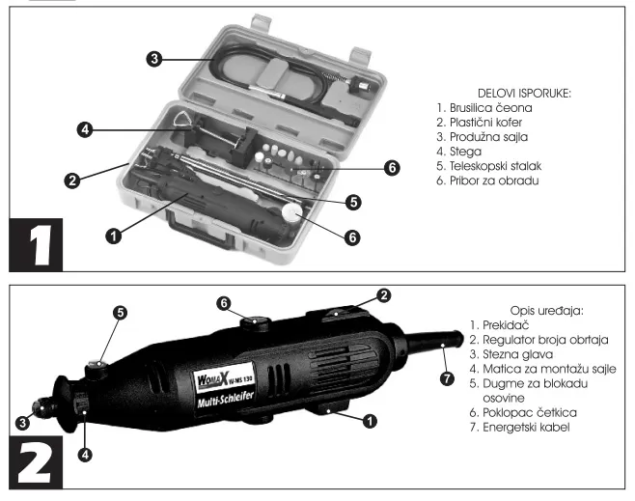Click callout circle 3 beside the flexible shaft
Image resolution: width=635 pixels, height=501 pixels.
tap(154, 59)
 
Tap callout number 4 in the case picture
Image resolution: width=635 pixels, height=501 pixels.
tap(85, 129)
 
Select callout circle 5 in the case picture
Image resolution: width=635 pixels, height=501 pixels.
tap(353, 202)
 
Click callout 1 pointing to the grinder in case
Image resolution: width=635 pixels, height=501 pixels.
tap(114, 236)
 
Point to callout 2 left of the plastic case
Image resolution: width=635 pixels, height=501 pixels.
tap(72, 181)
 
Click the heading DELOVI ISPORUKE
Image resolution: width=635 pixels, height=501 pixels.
tap(524, 93)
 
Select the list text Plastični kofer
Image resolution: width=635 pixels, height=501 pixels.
tap(485, 123)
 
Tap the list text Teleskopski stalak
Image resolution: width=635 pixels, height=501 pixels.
tap(495, 166)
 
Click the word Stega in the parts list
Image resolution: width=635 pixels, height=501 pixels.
tap(466, 152)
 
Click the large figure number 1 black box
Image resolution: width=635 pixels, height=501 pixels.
tap(36, 245)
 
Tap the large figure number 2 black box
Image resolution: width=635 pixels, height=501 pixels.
tap(36, 462)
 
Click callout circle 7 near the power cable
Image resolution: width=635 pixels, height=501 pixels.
tap(447, 378)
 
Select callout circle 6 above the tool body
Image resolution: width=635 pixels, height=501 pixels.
tap(224, 303)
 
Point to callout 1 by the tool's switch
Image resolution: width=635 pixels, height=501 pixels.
tap(370, 421)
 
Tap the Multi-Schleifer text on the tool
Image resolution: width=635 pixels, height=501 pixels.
tap(226, 400)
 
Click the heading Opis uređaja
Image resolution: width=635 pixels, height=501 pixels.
tap(547, 311)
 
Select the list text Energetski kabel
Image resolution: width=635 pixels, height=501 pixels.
tap(526, 427)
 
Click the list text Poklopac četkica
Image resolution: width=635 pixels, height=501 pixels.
tap(530, 412)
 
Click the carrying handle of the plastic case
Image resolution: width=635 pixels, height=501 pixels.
tap(199, 232)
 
